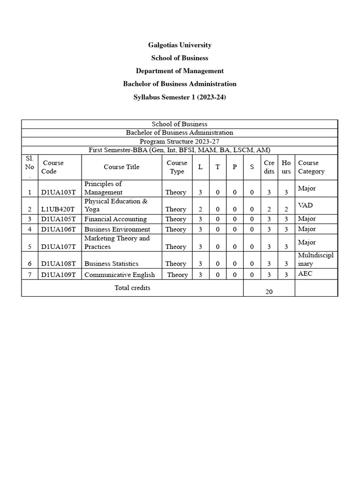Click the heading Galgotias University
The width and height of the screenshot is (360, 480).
tap(180, 45)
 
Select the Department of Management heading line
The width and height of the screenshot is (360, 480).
tap(180, 71)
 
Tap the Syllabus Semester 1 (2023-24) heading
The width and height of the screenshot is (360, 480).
tap(180, 97)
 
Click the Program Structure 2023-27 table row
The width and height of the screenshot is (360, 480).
tap(180, 141)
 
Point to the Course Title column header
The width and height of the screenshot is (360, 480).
tap(121, 167)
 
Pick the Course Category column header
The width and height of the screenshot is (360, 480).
tap(311, 167)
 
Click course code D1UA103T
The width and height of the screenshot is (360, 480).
tap(58, 192)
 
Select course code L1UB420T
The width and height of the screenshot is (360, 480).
tap(58, 210)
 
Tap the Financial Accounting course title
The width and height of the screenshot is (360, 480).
tap(115, 219)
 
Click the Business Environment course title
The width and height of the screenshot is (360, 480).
tap(117, 229)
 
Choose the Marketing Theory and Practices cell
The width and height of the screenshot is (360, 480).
tap(117, 242)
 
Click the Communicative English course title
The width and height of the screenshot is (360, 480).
tap(120, 275)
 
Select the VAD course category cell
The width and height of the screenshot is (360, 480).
tap(305, 205)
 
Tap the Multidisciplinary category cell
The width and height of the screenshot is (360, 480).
tap(315, 260)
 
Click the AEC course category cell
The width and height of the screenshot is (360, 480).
tap(305, 274)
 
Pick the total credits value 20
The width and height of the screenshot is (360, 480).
tap(269, 292)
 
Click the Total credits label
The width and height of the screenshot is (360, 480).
tap(132, 288)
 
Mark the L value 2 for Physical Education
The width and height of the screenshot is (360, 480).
tap(200, 210)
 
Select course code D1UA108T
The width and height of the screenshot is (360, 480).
tap(58, 264)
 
